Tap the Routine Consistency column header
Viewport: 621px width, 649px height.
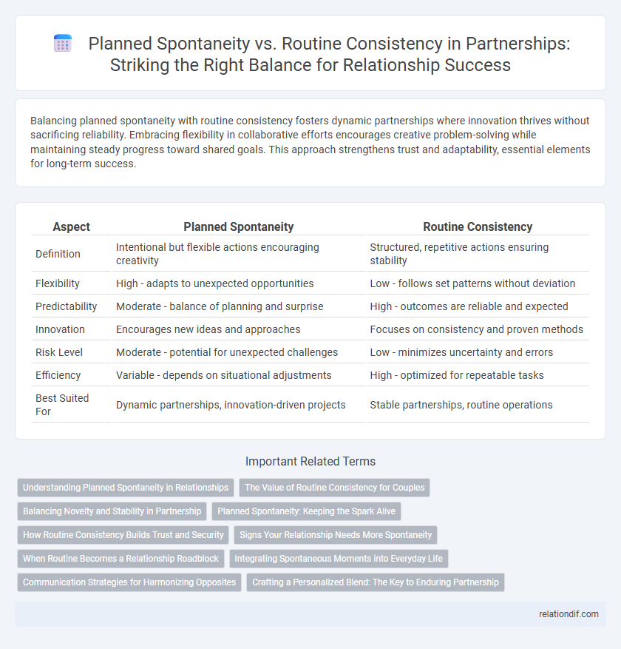pos(478,227)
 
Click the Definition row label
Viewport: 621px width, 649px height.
pos(59,254)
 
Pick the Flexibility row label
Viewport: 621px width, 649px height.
pos(58,283)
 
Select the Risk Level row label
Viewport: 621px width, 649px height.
pos(59,352)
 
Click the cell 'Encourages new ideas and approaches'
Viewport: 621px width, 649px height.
pos(208,329)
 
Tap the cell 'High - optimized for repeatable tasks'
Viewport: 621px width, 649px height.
pos(457,375)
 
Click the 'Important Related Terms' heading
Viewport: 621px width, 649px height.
pos(310,461)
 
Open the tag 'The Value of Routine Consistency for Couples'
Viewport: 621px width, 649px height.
pos(334,487)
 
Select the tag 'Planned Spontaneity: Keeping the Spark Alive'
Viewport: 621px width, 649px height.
pos(306,511)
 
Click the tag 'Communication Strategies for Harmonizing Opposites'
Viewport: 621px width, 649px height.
pos(129,582)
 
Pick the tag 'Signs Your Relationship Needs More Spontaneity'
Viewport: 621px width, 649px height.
pos(336,534)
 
